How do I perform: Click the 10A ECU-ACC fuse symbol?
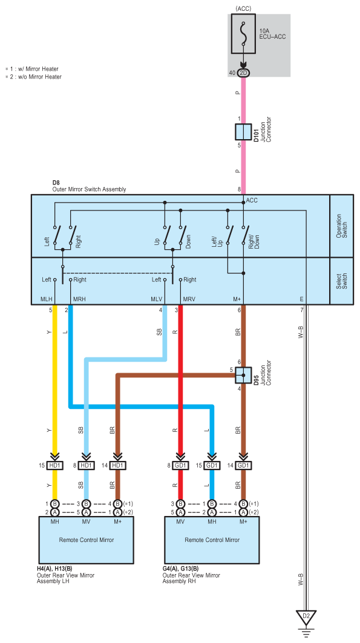pyautogui.click(x=244, y=34)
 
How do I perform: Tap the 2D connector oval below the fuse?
pyautogui.click(x=244, y=73)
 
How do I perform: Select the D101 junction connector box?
pyautogui.click(x=243, y=132)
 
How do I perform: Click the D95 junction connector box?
pyautogui.click(x=243, y=375)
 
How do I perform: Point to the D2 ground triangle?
pyautogui.click(x=306, y=617)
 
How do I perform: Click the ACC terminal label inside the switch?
pyautogui.click(x=252, y=200)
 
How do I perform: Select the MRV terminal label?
pyautogui.click(x=189, y=299)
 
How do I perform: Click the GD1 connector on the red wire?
pyautogui.click(x=180, y=466)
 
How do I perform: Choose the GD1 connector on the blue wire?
pyautogui.click(x=212, y=466)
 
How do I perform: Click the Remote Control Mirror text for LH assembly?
pyautogui.click(x=86, y=540)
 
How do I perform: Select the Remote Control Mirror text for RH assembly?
pyautogui.click(x=212, y=540)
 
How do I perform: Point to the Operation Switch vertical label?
pyautogui.click(x=342, y=226)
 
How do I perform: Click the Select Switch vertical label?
pyautogui.click(x=342, y=281)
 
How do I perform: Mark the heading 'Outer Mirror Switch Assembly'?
pyautogui.click(x=90, y=189)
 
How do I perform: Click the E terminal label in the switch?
pyautogui.click(x=302, y=299)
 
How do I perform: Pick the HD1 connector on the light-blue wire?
pyautogui.click(x=86, y=466)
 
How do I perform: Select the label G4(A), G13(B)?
pyautogui.click(x=180, y=569)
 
